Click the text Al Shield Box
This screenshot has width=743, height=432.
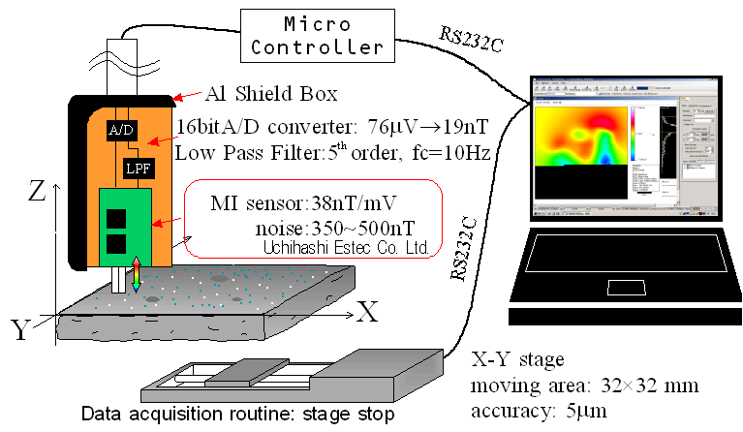(271, 94)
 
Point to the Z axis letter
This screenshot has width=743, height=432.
(37, 191)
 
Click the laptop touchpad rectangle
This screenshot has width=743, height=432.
(627, 287)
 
